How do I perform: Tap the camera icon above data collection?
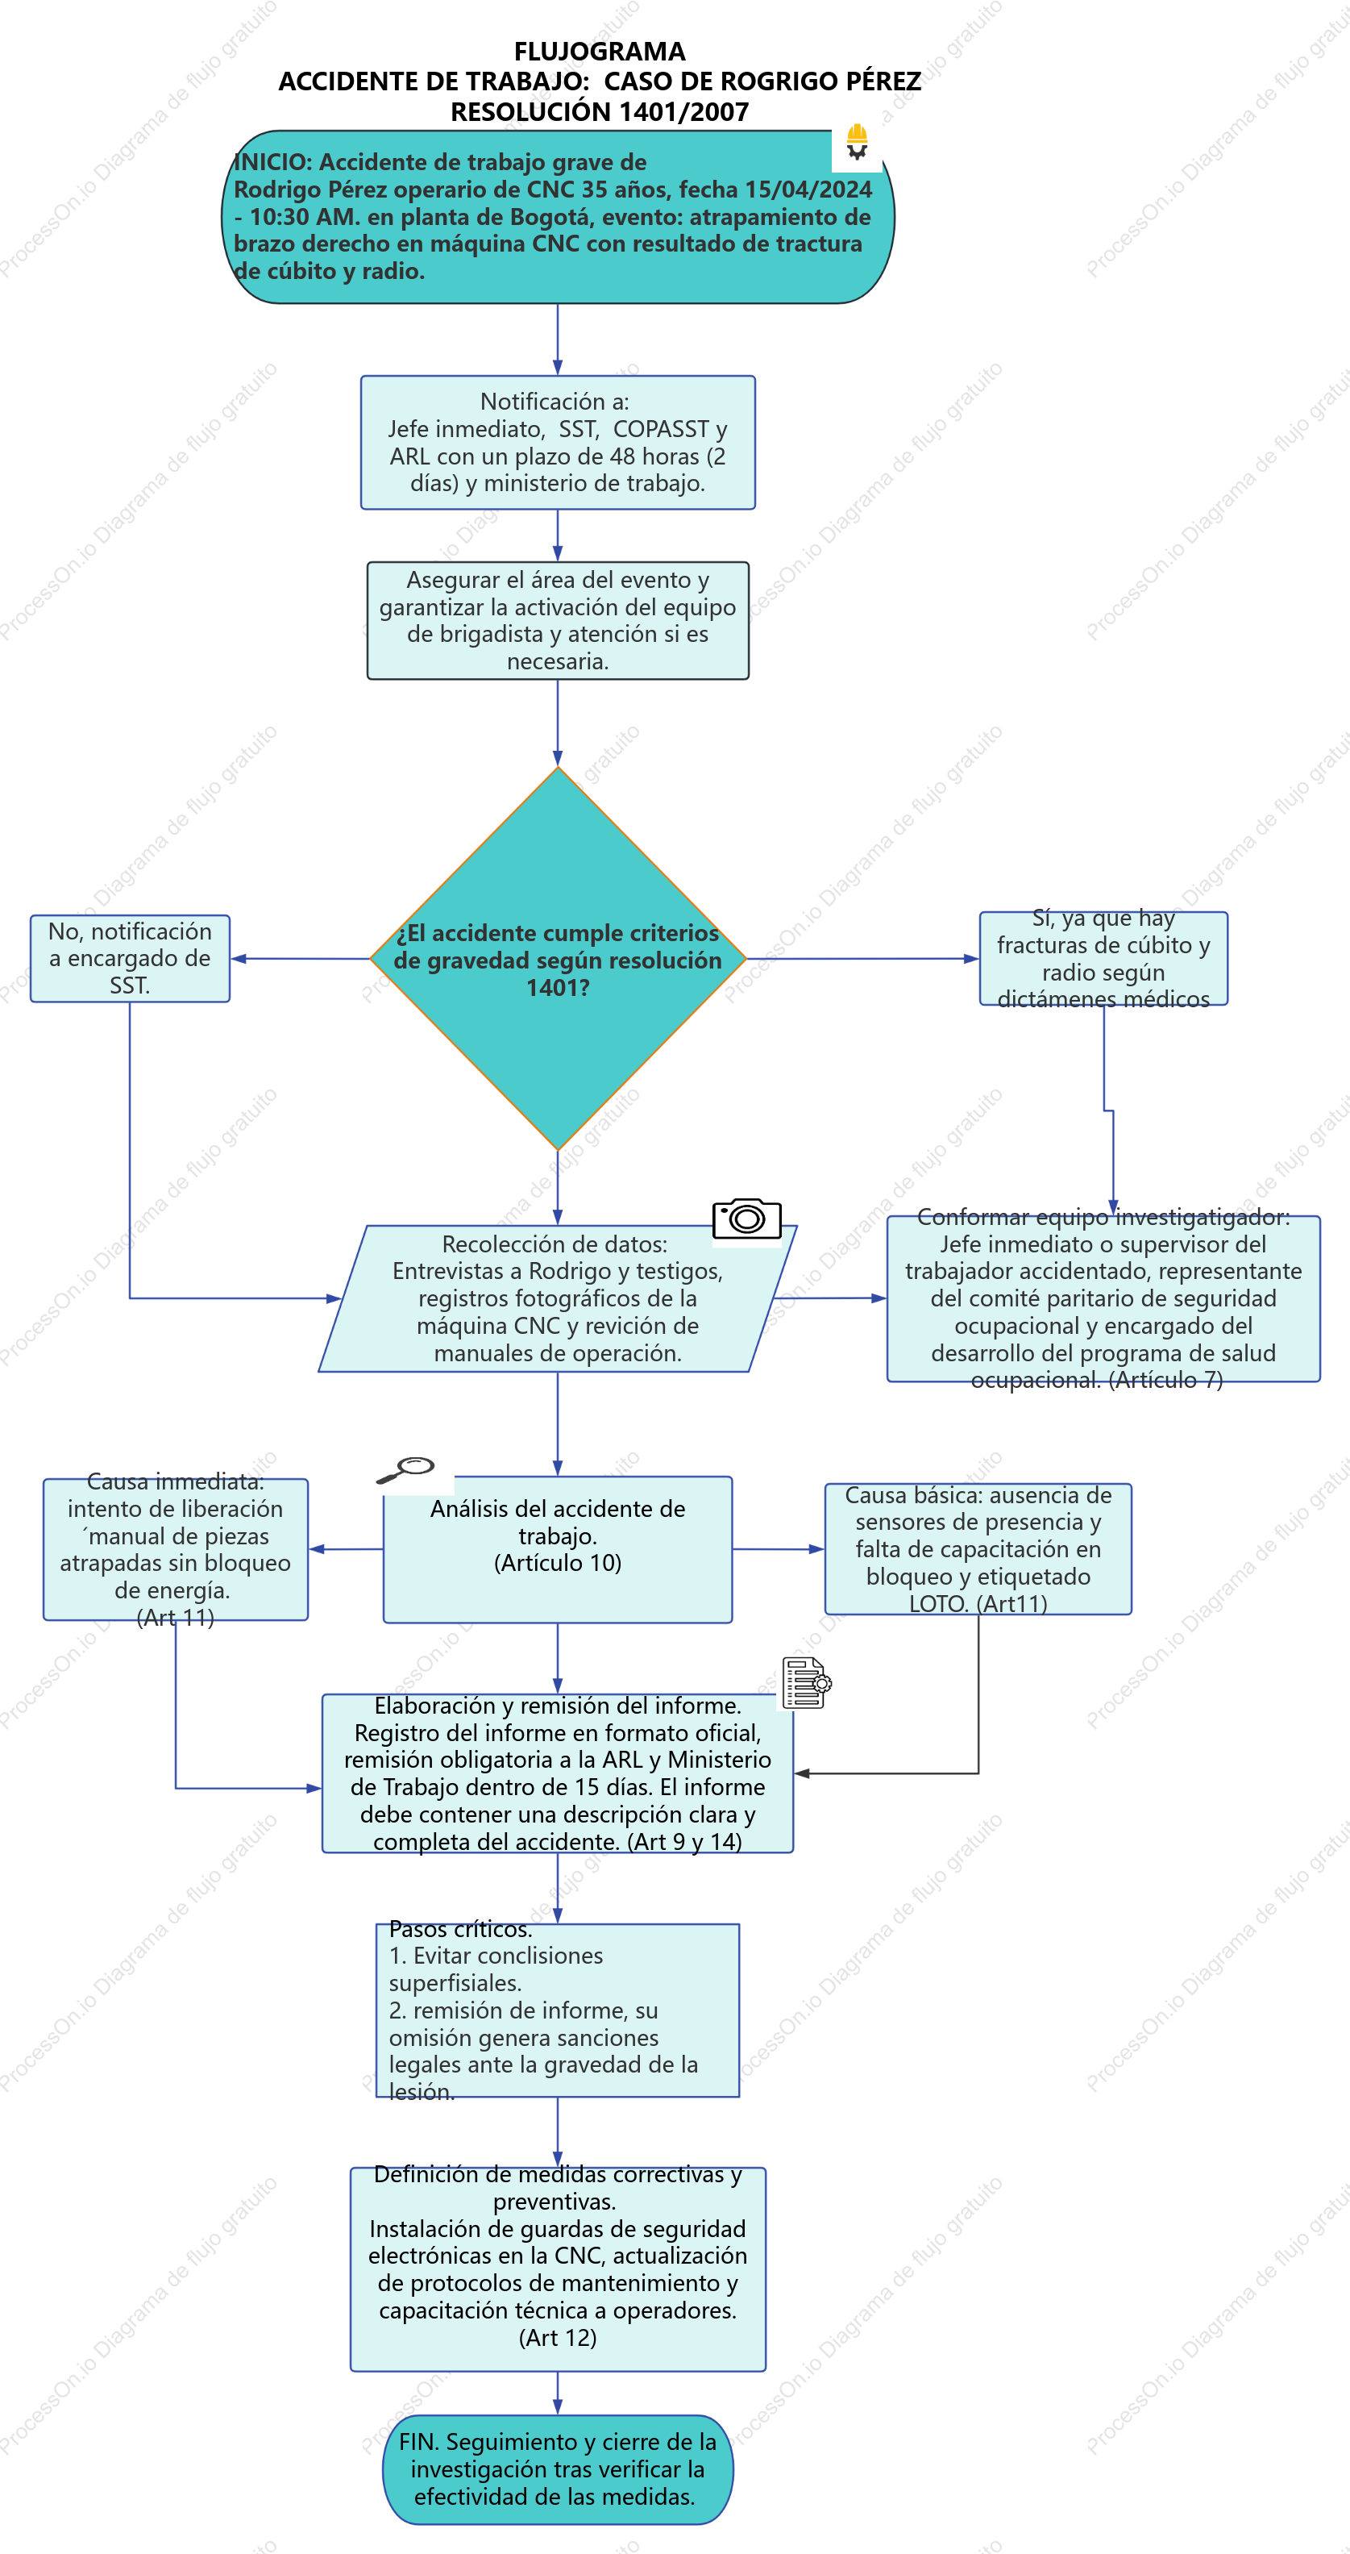[x=746, y=1218]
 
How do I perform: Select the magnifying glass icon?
[x=405, y=1469]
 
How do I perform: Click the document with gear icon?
[x=806, y=1682]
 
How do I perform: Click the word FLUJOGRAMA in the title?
[x=600, y=52]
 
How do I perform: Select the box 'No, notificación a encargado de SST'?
[x=130, y=959]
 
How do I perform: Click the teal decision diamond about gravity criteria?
[x=558, y=959]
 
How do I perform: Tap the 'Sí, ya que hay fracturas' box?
[x=1103, y=959]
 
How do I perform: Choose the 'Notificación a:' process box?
[x=558, y=442]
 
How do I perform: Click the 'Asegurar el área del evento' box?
[x=558, y=621]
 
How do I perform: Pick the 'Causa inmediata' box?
[x=176, y=1550]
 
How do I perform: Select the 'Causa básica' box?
[x=978, y=1548]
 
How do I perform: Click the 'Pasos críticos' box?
[x=558, y=2010]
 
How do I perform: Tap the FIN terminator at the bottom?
[x=558, y=2469]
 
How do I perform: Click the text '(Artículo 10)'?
[x=558, y=1564]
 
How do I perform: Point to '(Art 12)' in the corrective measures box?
[x=558, y=2338]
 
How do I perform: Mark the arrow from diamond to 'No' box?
[x=301, y=959]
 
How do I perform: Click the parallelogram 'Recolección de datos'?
[x=558, y=1299]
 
